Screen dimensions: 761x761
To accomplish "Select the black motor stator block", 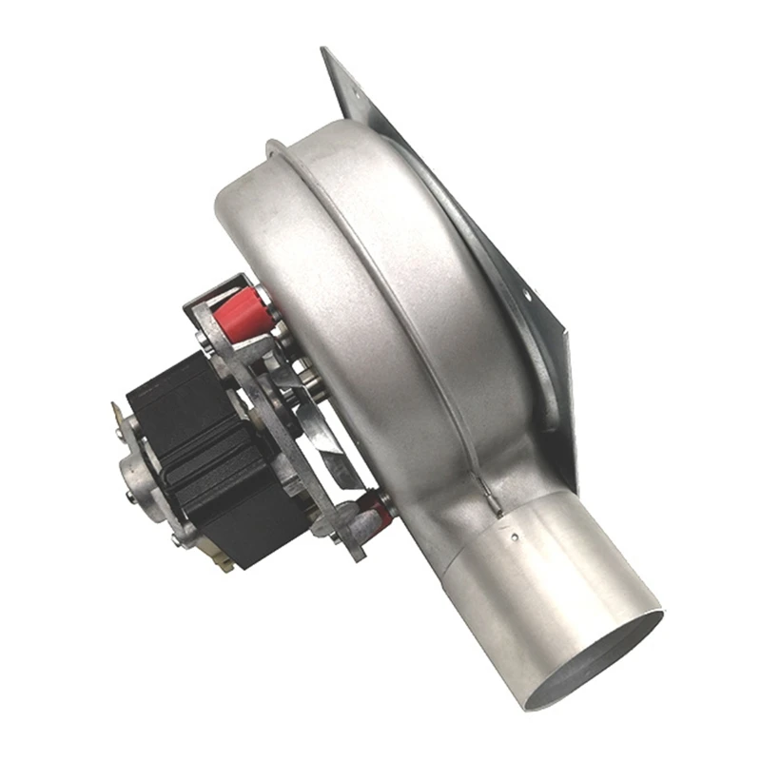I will (x=205, y=447).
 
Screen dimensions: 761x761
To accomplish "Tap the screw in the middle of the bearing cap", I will (x=129, y=492).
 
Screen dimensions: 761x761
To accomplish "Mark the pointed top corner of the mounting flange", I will (x=325, y=49).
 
